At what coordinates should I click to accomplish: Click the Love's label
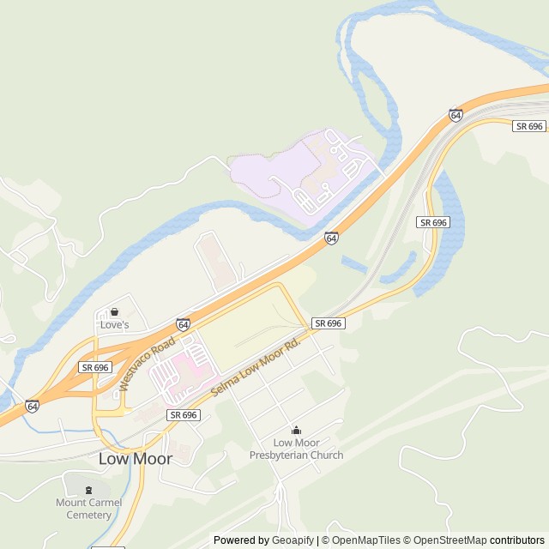[x=114, y=325]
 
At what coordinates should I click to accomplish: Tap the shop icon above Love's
[x=114, y=312]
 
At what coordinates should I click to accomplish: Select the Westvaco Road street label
[x=136, y=365]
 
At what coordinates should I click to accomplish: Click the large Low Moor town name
[x=136, y=459]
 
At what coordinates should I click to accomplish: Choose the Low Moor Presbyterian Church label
[x=296, y=449]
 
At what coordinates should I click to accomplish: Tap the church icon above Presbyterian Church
[x=296, y=431]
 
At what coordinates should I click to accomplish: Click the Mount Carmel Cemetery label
[x=89, y=509]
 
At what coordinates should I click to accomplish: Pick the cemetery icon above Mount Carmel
[x=89, y=490]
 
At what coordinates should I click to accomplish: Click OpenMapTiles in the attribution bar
[x=366, y=540]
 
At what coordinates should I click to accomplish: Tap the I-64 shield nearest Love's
[x=183, y=324]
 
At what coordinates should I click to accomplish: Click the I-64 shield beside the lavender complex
[x=331, y=238]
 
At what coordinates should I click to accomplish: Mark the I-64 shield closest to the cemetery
[x=32, y=405]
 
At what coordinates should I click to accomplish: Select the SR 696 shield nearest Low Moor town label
[x=184, y=415]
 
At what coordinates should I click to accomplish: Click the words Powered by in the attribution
[x=241, y=540]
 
